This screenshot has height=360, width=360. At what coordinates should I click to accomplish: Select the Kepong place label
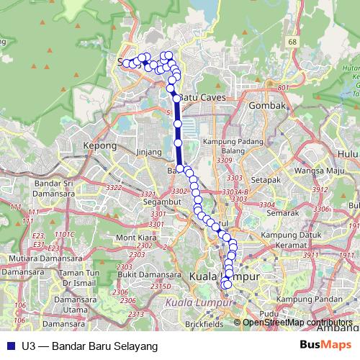coord(100,145)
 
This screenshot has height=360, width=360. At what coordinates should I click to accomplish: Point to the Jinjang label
coord(150,152)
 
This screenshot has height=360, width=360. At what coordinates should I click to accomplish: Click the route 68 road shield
coord(292,42)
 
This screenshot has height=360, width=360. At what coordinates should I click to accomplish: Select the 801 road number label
coord(282,87)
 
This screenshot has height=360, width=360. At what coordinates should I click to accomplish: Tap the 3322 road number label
coord(113,188)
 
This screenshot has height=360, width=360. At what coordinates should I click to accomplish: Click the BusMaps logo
coord(320,346)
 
